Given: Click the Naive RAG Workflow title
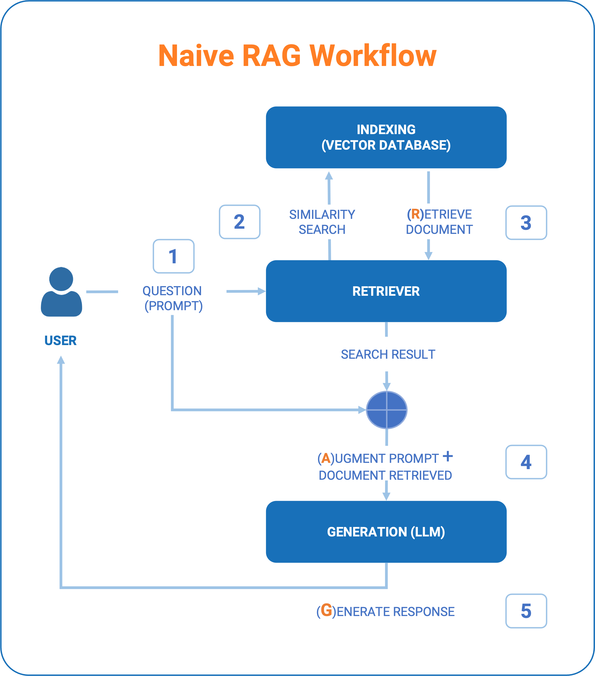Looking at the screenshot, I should click(297, 56).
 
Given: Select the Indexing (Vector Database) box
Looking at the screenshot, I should click(386, 137).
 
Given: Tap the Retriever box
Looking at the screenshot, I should click(386, 291).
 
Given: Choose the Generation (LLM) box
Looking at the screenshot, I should click(386, 532).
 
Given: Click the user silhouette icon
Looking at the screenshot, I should click(62, 292).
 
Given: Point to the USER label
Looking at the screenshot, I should click(60, 340).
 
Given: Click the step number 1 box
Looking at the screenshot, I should click(173, 256).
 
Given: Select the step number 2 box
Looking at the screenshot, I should click(240, 222).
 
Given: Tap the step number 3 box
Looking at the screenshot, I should click(526, 223).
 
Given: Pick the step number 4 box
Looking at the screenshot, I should click(526, 462).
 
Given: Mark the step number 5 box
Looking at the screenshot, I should click(526, 611).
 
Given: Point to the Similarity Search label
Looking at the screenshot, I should click(322, 222).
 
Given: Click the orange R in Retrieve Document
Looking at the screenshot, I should click(415, 214).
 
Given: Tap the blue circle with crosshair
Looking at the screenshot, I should click(386, 410).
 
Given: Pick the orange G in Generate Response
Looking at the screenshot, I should click(327, 610).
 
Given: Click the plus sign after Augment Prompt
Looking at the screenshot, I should click(448, 456).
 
